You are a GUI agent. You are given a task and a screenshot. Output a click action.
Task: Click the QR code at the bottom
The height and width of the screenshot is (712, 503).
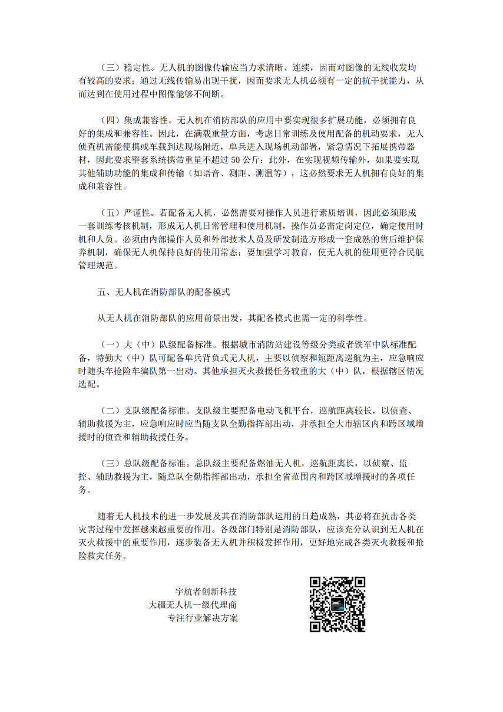tap(337, 604)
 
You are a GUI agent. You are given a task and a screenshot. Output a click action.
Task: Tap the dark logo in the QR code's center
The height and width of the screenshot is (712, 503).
tap(337, 605)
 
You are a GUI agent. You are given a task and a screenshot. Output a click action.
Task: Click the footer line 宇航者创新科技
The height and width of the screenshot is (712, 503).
tap(206, 591)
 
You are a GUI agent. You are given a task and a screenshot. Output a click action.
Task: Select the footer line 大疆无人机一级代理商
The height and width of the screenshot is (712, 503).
tap(193, 605)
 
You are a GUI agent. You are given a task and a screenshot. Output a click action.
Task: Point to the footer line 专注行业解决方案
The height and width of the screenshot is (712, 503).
tap(203, 618)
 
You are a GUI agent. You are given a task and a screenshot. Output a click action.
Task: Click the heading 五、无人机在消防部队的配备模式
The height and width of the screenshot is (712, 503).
tap(163, 291)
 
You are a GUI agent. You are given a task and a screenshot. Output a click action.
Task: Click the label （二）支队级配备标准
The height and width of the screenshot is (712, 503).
tap(143, 411)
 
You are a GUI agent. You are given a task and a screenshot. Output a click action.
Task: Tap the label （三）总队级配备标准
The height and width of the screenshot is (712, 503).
tap(143, 463)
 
